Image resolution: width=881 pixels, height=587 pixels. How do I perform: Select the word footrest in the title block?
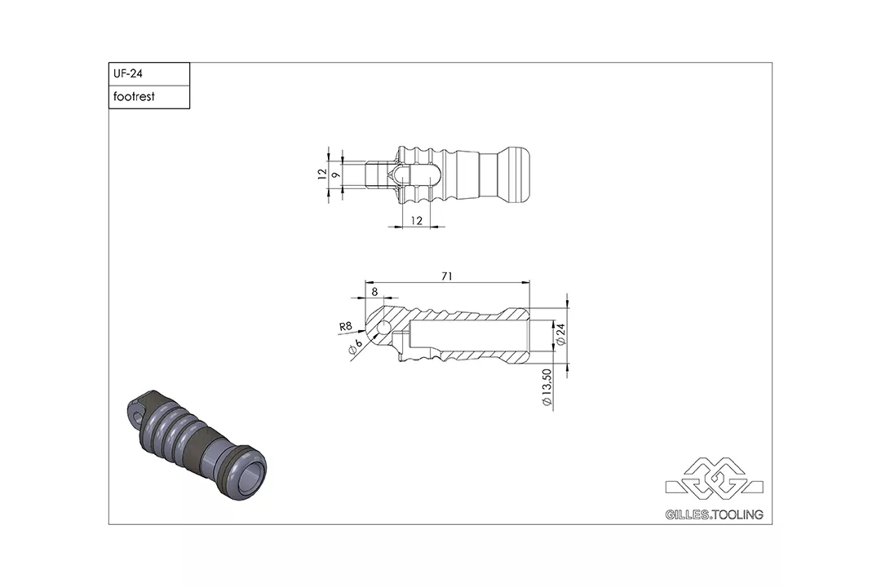(x=135, y=96)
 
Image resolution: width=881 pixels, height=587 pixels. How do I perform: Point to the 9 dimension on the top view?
(x=335, y=174)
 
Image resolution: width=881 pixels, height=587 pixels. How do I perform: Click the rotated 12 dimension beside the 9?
(x=323, y=173)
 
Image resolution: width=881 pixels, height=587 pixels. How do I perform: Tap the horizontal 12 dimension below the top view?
(x=416, y=220)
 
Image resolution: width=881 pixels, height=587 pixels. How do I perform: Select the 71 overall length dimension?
(x=447, y=276)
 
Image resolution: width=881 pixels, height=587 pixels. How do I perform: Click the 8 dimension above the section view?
(x=374, y=291)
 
